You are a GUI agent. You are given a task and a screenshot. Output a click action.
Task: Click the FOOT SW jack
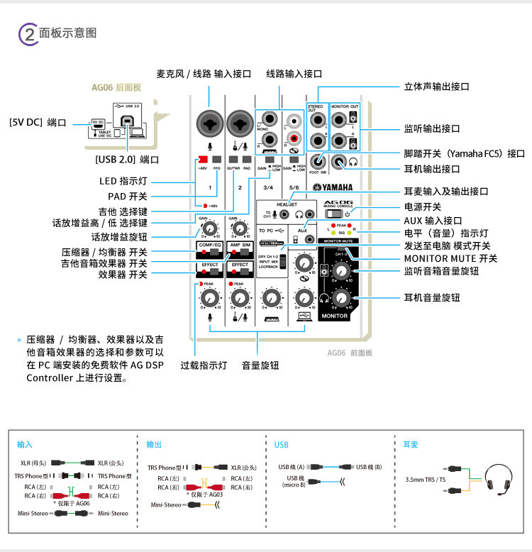[318, 162]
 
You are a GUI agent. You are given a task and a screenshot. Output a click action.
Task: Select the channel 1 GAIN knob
[208, 228]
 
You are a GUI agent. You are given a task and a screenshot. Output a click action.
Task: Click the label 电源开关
[423, 206]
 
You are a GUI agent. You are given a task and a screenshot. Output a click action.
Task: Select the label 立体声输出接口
[436, 87]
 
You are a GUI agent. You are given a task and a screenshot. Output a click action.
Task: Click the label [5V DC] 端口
[36, 123]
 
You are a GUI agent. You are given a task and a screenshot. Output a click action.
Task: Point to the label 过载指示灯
[203, 365]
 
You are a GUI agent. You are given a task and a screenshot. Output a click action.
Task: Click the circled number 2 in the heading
[28, 33]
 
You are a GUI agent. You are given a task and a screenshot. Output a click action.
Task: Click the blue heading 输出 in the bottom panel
[154, 444]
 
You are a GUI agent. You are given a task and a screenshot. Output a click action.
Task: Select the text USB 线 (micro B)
[294, 481]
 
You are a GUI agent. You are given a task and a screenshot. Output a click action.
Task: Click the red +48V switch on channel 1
[203, 159]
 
